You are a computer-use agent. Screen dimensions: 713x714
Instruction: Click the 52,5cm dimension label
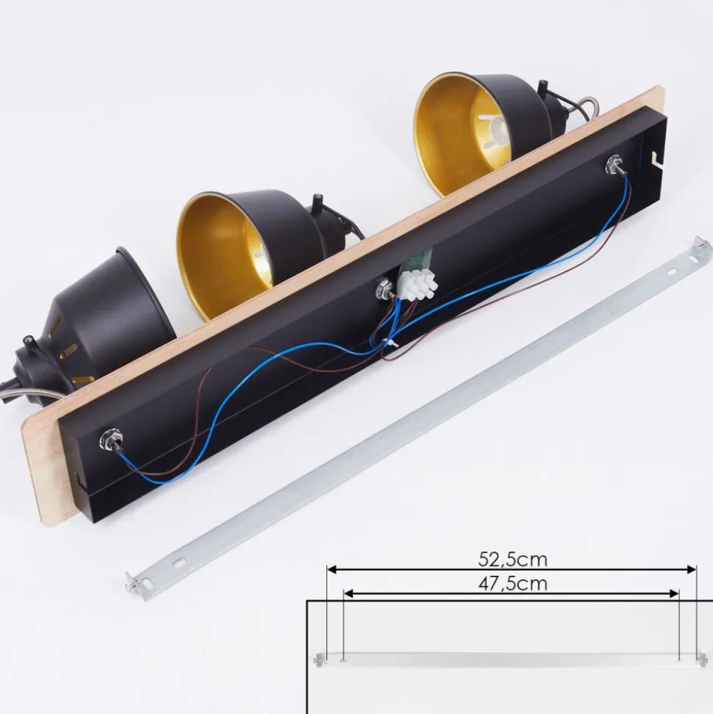(x=512, y=559)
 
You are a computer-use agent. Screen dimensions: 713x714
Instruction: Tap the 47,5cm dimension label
(x=512, y=583)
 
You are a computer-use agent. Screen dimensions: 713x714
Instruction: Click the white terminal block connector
(x=418, y=287)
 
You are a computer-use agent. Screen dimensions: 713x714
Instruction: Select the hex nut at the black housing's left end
(x=111, y=440)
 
